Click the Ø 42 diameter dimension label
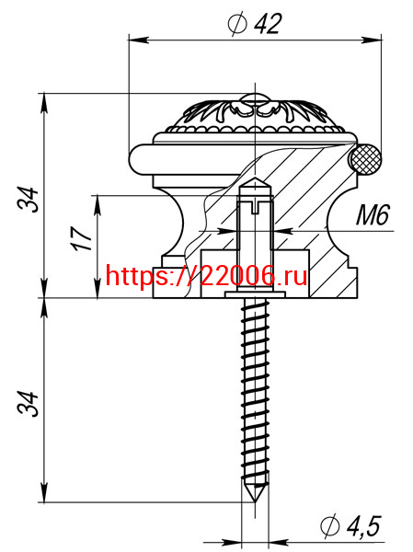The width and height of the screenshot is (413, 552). [x=255, y=24]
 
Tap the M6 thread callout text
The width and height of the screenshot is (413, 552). [x=373, y=214]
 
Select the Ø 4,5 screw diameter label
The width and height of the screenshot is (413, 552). [x=350, y=526]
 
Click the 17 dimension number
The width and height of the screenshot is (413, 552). [x=83, y=238]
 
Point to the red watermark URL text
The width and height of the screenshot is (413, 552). [x=206, y=276]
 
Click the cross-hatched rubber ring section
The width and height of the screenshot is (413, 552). [x=365, y=159]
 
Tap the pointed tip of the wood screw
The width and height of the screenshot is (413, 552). [x=255, y=500]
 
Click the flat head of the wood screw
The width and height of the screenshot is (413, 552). [x=255, y=294]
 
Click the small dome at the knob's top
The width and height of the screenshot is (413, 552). [x=254, y=98]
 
